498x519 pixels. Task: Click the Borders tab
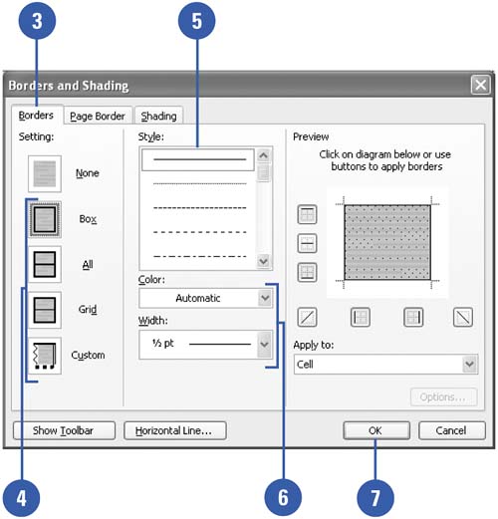click(36, 116)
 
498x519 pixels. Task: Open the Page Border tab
click(98, 116)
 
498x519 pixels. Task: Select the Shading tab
click(158, 116)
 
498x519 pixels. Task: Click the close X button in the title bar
click(480, 85)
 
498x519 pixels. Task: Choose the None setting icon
click(45, 173)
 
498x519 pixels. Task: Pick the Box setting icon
click(45, 219)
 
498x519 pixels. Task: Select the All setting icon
click(45, 264)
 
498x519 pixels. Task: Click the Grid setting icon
click(45, 310)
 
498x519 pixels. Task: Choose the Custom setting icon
click(45, 356)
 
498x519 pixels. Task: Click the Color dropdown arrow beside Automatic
click(265, 298)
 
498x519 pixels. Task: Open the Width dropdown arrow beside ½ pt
click(265, 344)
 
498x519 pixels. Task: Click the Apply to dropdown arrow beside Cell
click(469, 364)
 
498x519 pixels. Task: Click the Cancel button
click(452, 430)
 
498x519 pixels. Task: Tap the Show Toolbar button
click(64, 430)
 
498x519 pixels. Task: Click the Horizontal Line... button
click(175, 430)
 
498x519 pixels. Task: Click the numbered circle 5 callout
click(197, 21)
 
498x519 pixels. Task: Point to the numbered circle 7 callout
click(375, 498)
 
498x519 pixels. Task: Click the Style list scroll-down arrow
click(264, 261)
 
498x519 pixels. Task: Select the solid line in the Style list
click(200, 159)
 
